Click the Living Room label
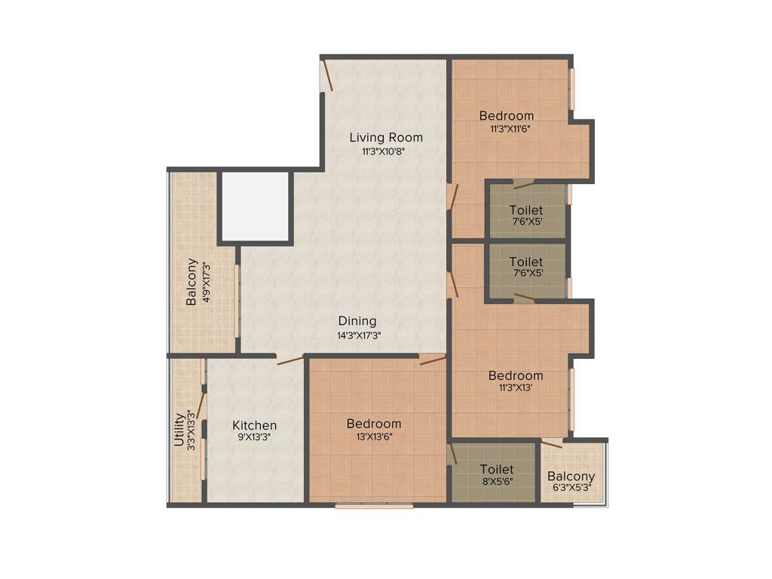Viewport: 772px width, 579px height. pyautogui.click(x=386, y=137)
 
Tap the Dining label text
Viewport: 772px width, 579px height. pyautogui.click(x=357, y=321)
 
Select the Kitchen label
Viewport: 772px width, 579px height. pyautogui.click(x=254, y=425)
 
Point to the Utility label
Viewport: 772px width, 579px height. pyautogui.click(x=179, y=429)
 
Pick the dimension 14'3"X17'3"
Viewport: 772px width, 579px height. pyautogui.click(x=359, y=336)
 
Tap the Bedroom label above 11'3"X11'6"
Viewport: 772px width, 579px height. pyautogui.click(x=507, y=116)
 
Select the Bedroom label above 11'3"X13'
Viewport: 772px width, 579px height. pyautogui.click(x=516, y=375)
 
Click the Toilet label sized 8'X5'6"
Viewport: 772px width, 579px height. pyautogui.click(x=497, y=470)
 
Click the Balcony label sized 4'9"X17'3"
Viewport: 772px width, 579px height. pyautogui.click(x=191, y=282)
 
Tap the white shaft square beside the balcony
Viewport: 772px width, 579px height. pyautogui.click(x=255, y=206)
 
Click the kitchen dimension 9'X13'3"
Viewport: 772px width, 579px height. pyautogui.click(x=254, y=438)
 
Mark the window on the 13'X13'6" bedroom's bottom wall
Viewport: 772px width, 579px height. pyautogui.click(x=374, y=506)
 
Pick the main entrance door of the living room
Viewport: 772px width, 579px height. pyautogui.click(x=327, y=76)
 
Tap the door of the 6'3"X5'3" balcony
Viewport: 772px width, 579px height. pyautogui.click(x=551, y=444)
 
